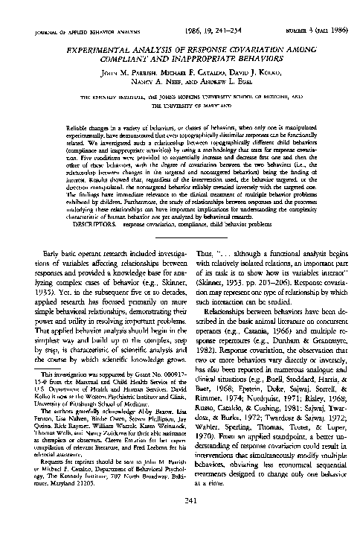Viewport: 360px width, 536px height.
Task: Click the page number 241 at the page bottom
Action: (180, 521)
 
